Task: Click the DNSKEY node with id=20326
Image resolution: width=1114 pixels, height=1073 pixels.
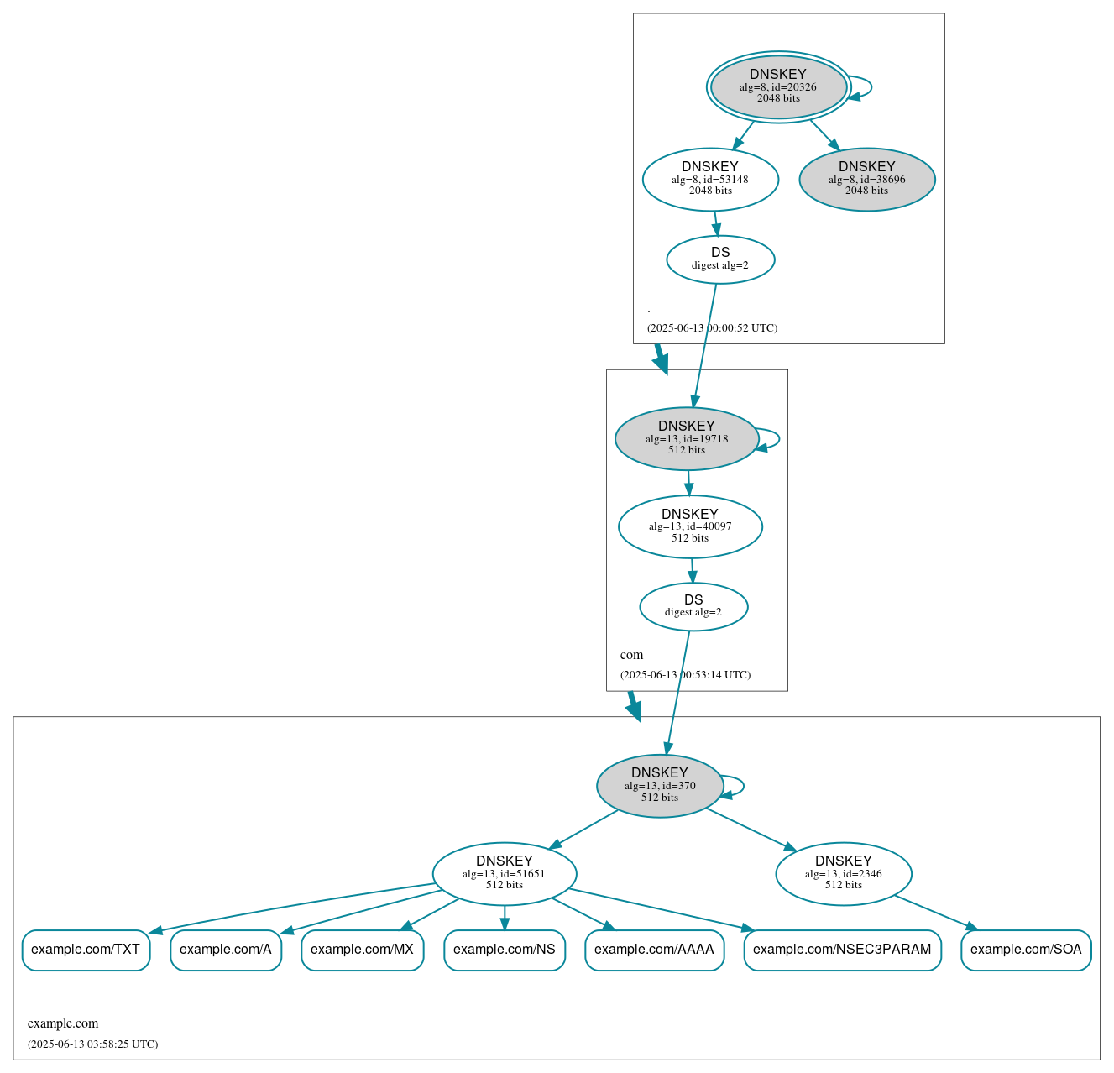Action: [778, 86]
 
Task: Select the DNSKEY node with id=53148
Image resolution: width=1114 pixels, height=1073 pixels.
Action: [710, 179]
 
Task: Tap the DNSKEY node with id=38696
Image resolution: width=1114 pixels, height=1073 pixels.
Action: [866, 179]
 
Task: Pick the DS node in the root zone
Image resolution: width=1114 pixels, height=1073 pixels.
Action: [720, 259]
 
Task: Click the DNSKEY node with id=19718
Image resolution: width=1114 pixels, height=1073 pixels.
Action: [687, 438]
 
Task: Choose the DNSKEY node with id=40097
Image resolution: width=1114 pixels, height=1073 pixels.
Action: [690, 526]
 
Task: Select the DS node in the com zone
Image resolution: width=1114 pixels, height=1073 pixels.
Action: [693, 606]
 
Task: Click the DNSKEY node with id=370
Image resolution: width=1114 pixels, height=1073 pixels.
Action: [660, 786]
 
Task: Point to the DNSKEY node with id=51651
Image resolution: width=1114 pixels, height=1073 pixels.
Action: [505, 873]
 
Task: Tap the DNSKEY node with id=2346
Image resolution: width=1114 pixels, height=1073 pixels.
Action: [844, 873]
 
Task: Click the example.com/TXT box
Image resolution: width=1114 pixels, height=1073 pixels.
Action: [86, 950]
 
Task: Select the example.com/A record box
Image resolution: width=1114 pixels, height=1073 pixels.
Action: [226, 950]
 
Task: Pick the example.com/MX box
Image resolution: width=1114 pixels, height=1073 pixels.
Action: [362, 950]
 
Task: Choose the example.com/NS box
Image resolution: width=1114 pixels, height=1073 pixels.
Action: [505, 950]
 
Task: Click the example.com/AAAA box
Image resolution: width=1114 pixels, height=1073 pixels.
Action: [654, 950]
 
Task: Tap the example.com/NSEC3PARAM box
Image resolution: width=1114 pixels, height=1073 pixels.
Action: [842, 950]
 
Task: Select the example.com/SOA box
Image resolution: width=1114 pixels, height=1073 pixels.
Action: [1026, 950]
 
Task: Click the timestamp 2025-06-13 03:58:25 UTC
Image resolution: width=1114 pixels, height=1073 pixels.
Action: [92, 1044]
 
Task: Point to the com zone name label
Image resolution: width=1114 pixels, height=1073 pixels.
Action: [631, 655]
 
